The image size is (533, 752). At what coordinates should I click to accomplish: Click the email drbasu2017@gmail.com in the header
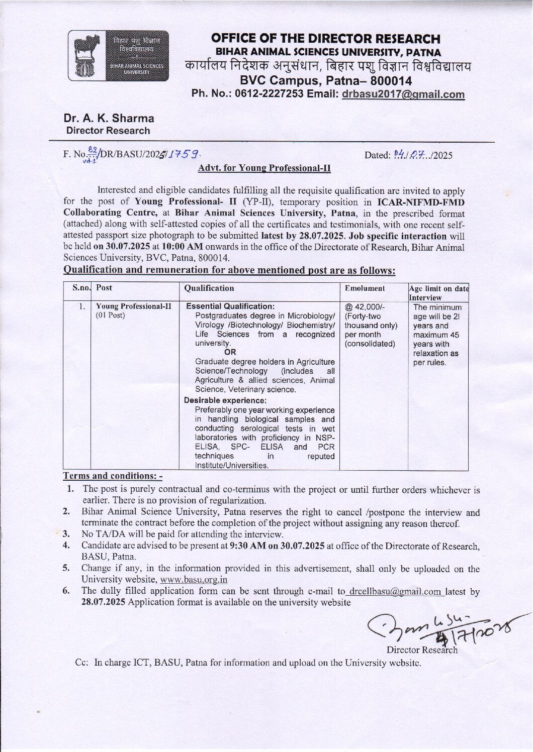403,94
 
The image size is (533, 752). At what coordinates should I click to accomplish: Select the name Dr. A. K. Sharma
109,119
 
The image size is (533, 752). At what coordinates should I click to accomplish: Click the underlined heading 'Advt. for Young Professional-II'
264,168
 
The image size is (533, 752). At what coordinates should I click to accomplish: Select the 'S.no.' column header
81,288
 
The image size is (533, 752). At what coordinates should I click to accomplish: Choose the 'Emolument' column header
365,288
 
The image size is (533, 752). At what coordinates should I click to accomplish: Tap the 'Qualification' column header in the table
209,288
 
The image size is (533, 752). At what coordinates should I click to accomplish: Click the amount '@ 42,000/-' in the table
365,307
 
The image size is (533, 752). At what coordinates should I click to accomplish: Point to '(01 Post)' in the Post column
111,315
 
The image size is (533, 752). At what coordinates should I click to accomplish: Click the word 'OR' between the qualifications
230,352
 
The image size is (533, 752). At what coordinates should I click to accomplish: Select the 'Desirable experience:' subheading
225,400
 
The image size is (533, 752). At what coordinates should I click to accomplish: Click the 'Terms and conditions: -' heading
113,476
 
